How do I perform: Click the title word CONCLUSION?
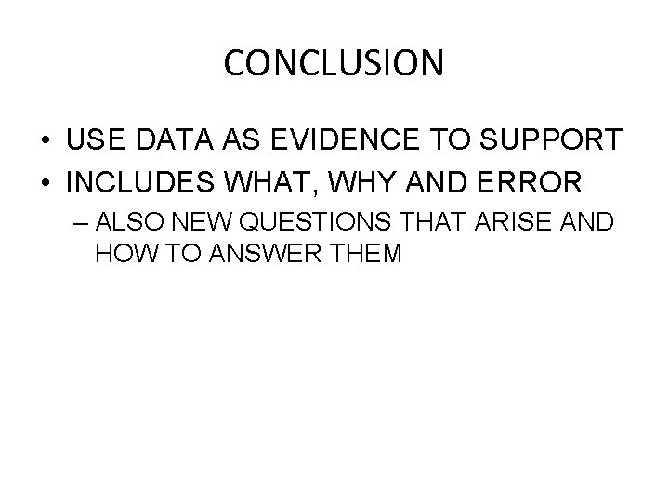pos(334,64)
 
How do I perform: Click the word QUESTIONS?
pos(297,223)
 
